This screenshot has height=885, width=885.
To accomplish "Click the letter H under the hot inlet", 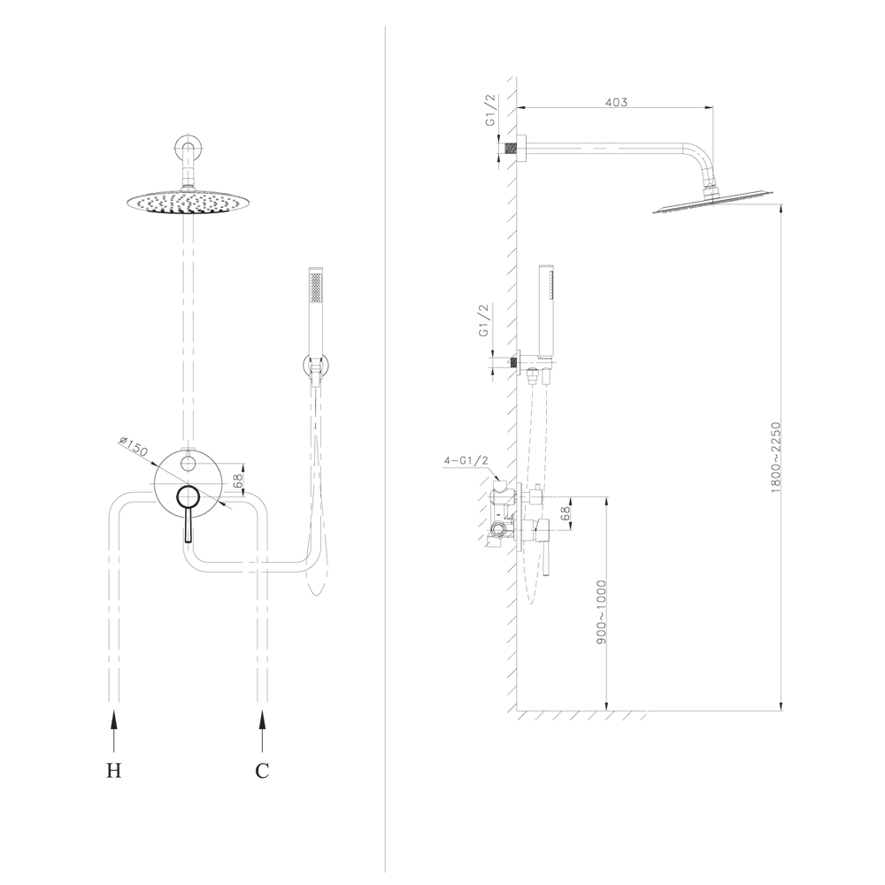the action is [114, 770].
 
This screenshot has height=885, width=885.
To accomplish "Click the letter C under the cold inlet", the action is [262, 771].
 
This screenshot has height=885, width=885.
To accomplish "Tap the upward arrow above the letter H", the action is [114, 732].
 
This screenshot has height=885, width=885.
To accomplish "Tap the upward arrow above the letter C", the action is [261, 732].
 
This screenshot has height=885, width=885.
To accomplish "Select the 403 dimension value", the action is [616, 102].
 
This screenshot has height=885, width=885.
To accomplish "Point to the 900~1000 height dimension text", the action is [601, 612].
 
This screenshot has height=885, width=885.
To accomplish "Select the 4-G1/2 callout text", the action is [466, 460].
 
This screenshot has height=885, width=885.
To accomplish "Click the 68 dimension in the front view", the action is [238, 480].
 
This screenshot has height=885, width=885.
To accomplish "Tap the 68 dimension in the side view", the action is [565, 513].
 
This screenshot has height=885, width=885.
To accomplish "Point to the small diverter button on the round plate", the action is [188, 464].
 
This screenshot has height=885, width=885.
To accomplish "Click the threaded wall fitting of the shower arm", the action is [511, 149].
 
